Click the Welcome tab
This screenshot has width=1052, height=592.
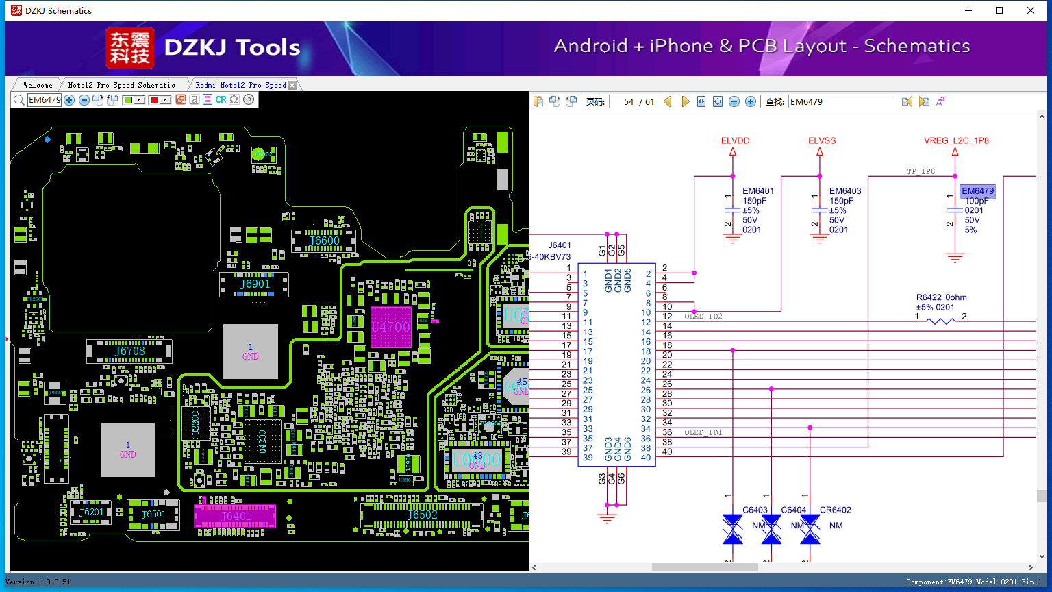(x=38, y=85)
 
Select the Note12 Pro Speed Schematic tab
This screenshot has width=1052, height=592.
(x=121, y=85)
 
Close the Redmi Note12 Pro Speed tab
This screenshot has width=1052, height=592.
(x=292, y=85)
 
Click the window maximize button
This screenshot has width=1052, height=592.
(x=999, y=10)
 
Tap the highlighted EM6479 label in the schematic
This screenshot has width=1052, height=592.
(x=977, y=191)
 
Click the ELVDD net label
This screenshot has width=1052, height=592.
(x=735, y=140)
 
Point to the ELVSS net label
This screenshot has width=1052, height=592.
(x=822, y=140)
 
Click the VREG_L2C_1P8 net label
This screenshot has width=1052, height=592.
(x=956, y=140)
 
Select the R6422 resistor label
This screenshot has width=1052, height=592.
(x=941, y=297)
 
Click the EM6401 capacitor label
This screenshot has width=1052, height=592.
(x=758, y=191)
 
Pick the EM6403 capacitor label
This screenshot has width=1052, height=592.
(x=845, y=191)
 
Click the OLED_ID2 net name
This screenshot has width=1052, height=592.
(x=703, y=317)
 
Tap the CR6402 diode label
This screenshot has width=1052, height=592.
(x=835, y=510)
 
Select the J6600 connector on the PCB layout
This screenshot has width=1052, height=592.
(x=324, y=241)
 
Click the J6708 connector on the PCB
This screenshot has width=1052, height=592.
(x=129, y=351)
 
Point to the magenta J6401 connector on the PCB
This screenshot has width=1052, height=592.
(x=235, y=516)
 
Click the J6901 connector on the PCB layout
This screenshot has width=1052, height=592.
(x=254, y=284)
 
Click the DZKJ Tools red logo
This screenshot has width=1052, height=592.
(x=130, y=48)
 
